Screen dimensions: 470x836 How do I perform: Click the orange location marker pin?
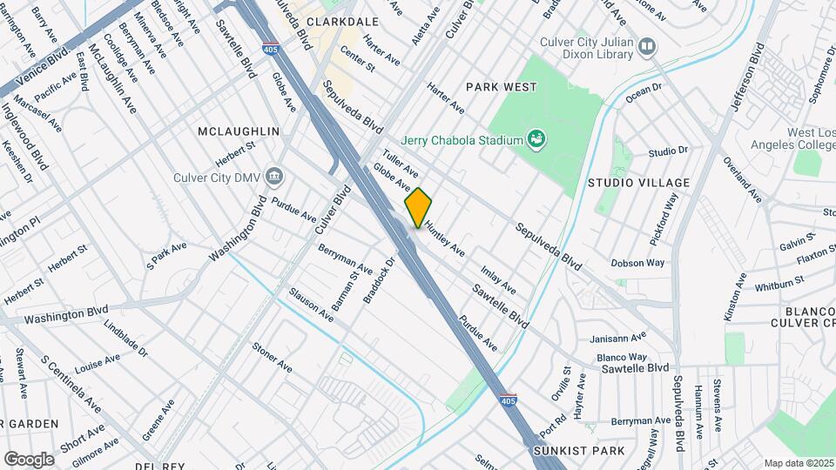(x=418, y=207)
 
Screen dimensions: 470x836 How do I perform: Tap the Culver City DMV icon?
(x=275, y=177)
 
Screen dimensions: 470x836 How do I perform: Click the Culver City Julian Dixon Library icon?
(x=646, y=46)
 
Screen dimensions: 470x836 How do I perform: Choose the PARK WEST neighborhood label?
(x=501, y=87)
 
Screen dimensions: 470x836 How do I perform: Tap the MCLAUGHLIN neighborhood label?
(x=239, y=131)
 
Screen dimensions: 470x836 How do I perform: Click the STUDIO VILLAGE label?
(x=638, y=183)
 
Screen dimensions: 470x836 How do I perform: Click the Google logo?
(x=28, y=459)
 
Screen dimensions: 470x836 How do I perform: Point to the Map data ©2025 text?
(x=799, y=463)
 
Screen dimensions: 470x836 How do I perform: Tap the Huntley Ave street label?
(x=445, y=238)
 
